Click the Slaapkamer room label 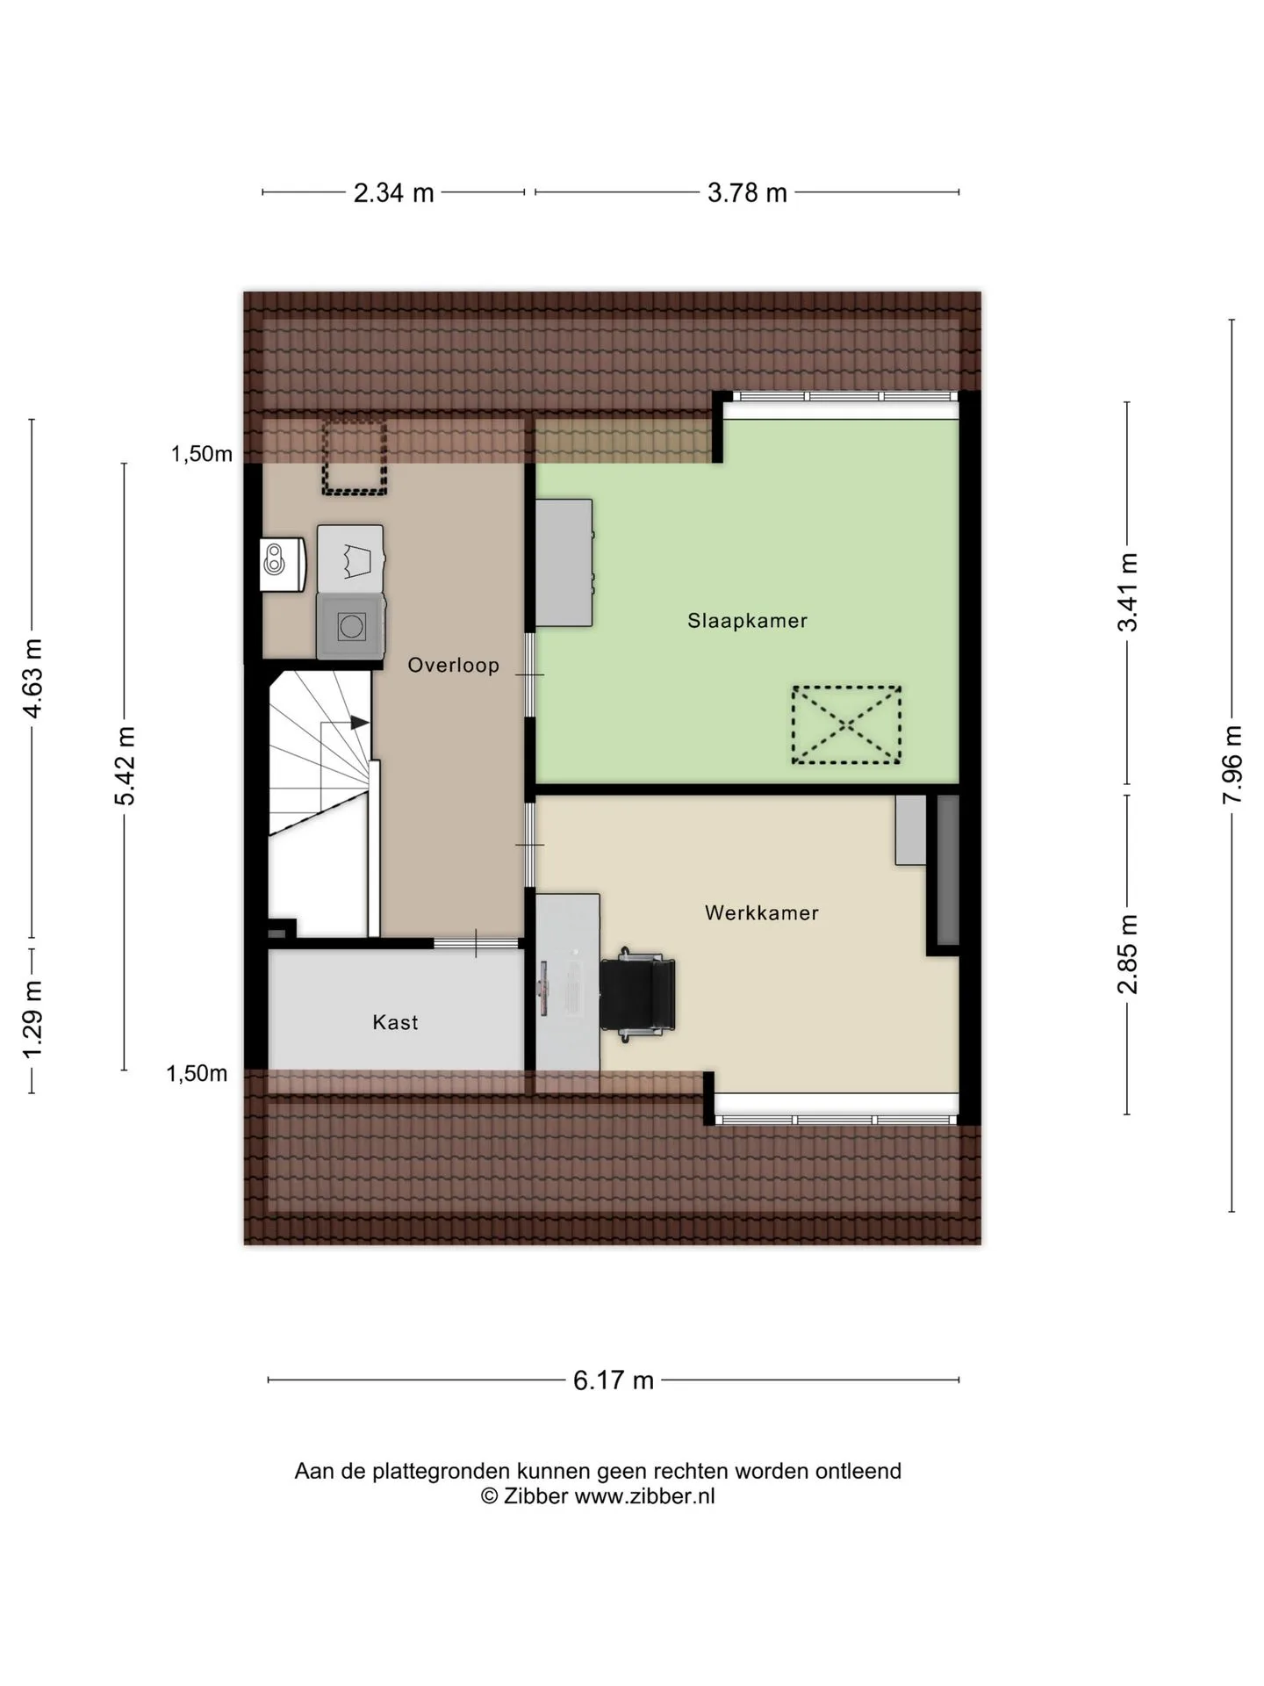pyautogui.click(x=747, y=621)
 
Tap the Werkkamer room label pyautogui.click(x=762, y=913)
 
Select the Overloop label pyautogui.click(x=453, y=666)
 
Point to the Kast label pyautogui.click(x=395, y=1022)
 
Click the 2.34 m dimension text pyautogui.click(x=393, y=193)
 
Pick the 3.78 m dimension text pyautogui.click(x=747, y=193)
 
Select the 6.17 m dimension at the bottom pyautogui.click(x=614, y=1380)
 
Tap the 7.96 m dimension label pyautogui.click(x=1233, y=764)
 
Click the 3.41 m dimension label pyautogui.click(x=1128, y=592)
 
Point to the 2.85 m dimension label pyautogui.click(x=1128, y=954)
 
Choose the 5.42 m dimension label pyautogui.click(x=125, y=766)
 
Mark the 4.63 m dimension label pyautogui.click(x=32, y=679)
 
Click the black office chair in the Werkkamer pyautogui.click(x=638, y=994)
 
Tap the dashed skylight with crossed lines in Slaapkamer pyautogui.click(x=846, y=724)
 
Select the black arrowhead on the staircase pyautogui.click(x=360, y=723)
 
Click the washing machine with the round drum pyautogui.click(x=351, y=626)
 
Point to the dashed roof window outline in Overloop pyautogui.click(x=354, y=458)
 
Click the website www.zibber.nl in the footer pyautogui.click(x=645, y=1496)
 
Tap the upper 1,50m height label pyautogui.click(x=202, y=454)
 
